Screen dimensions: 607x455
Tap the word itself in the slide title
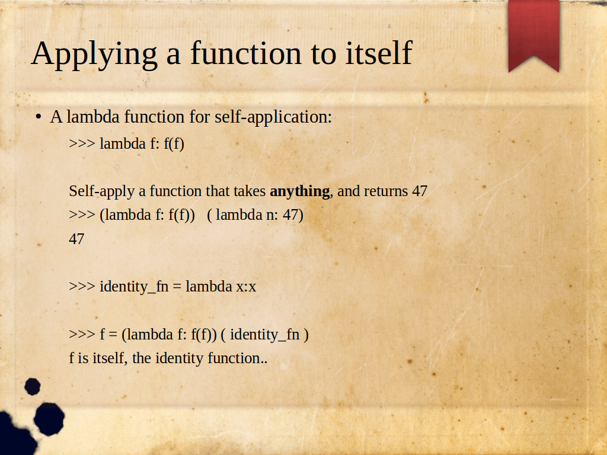(379, 53)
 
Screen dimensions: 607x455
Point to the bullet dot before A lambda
(38, 117)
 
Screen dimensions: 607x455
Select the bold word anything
(300, 192)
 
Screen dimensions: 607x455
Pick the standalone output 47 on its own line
(76, 239)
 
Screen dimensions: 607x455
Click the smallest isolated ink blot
(33, 386)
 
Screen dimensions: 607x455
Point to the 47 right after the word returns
(420, 191)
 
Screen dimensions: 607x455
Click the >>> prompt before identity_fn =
(82, 287)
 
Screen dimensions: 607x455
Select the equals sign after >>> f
(113, 335)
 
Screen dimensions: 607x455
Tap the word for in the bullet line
(200, 117)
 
